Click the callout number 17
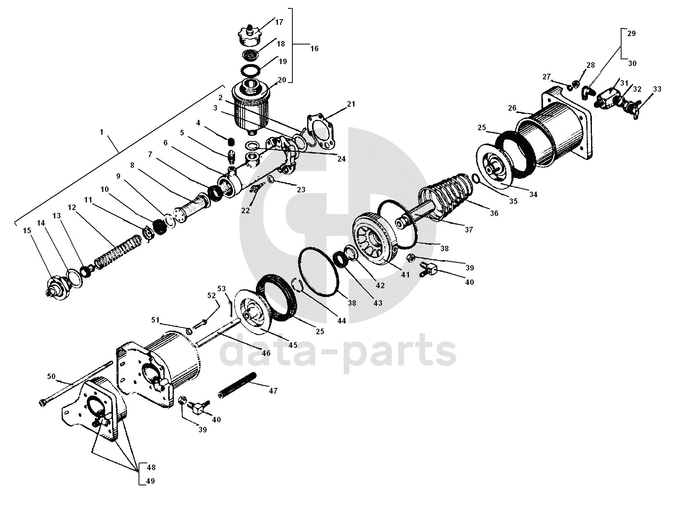(279, 22)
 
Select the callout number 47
(273, 391)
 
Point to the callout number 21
(351, 104)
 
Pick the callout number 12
(72, 207)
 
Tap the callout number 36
(494, 213)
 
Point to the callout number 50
(51, 376)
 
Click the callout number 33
(658, 89)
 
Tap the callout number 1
(102, 132)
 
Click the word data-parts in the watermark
(339, 351)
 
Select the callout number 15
(26, 230)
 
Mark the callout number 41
(406, 275)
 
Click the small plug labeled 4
(231, 141)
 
